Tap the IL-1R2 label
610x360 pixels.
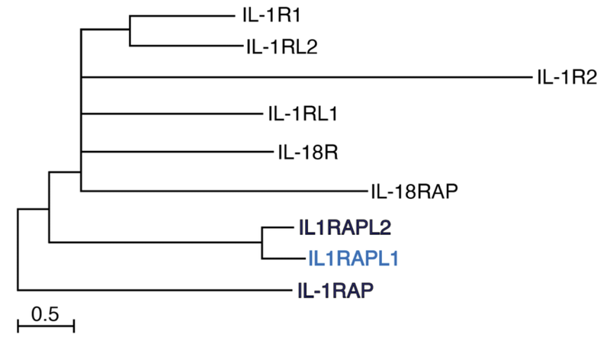[566, 76]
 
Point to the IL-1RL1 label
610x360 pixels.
[303, 114]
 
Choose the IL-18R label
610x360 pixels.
[305, 152]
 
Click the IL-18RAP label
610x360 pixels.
[413, 191]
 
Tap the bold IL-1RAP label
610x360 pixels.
[335, 290]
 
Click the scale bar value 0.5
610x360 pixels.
[45, 313]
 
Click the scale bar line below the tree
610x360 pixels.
[45, 326]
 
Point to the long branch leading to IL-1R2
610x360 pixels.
[305, 76]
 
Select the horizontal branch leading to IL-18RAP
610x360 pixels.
[221, 191]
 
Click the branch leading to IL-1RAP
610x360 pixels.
[152, 290]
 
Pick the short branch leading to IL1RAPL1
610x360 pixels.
[279, 258]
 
